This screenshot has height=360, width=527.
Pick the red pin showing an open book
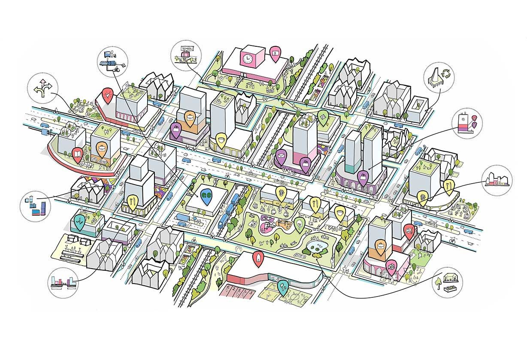(77, 154)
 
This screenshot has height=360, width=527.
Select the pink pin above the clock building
(275, 52)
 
